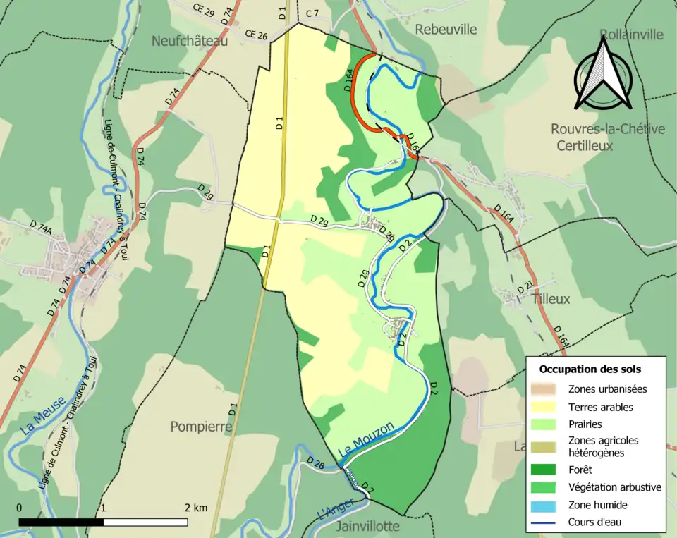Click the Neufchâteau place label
190,42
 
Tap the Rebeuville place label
446,29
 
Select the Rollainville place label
632,35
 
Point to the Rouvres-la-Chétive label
607,129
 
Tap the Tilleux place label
551,299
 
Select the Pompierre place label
201,427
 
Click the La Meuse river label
44,415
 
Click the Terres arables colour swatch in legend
548,408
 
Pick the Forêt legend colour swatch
548,469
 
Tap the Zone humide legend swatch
548,505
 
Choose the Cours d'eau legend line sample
548,522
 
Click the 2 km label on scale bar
196,508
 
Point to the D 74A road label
42,226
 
